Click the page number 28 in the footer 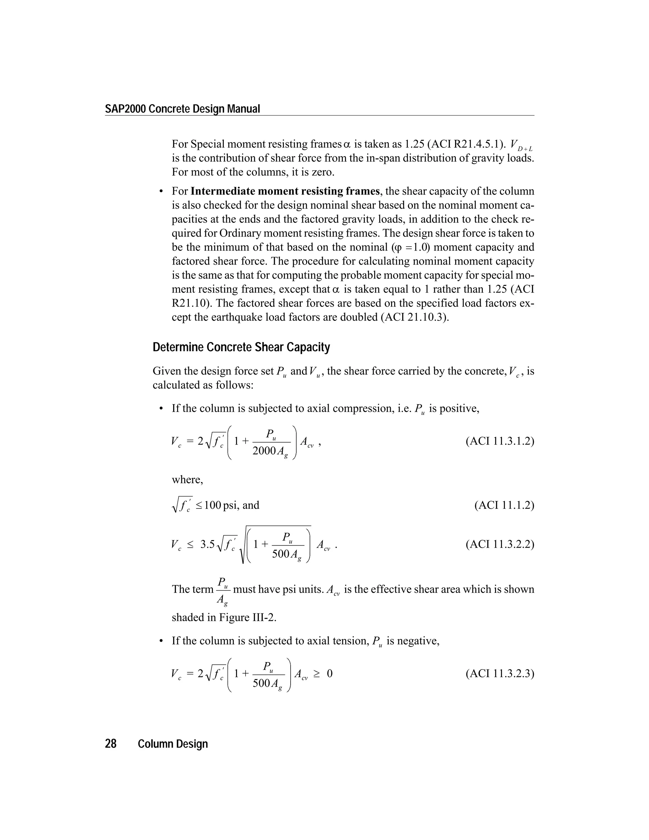click(111, 744)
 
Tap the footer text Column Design click(173, 744)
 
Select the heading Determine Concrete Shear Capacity click(241, 347)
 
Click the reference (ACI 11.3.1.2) click(499, 441)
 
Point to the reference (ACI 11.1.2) click(504, 505)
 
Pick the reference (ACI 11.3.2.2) click(499, 544)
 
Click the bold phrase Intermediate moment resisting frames click(285, 191)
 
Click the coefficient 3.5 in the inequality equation click(207, 544)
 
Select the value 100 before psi click(213, 505)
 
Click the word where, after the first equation click(187, 480)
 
